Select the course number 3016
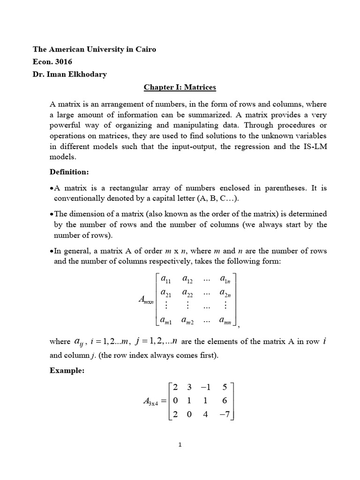(64, 61)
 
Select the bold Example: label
(67, 370)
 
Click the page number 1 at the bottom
(180, 445)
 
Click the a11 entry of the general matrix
(166, 280)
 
